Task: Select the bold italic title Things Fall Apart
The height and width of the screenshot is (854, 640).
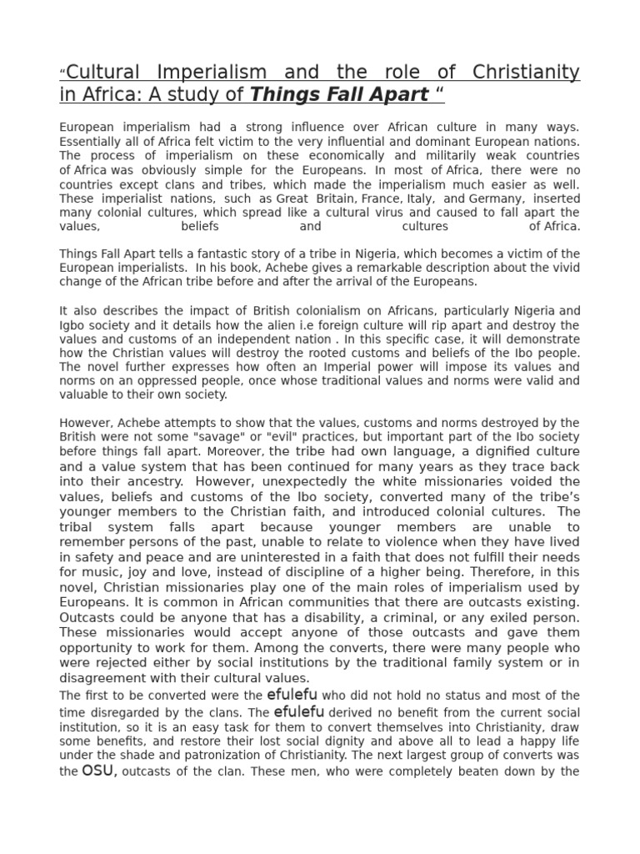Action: coord(339,94)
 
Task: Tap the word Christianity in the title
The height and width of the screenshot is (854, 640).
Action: coord(526,73)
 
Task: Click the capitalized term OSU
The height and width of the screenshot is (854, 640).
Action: coord(97,771)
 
